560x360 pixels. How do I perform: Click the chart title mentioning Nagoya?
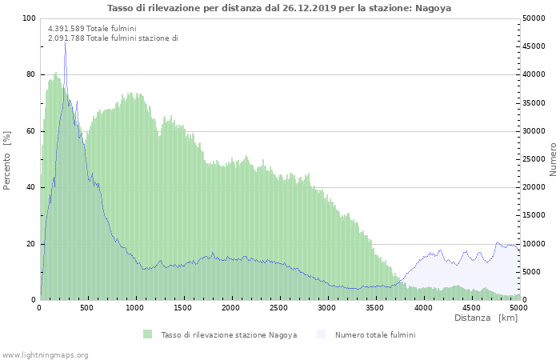click(x=279, y=8)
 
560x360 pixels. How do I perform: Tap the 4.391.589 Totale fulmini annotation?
click(x=92, y=29)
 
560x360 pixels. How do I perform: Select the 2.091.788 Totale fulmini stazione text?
click(x=113, y=38)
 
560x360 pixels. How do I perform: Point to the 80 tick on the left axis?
click(x=31, y=74)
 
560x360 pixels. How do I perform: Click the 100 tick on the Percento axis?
click(x=29, y=18)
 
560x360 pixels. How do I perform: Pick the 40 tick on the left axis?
click(x=31, y=187)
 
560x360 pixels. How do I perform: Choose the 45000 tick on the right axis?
click(x=536, y=46)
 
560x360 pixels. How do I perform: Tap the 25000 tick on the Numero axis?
click(x=536, y=159)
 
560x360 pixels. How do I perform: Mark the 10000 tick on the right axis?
click(x=536, y=244)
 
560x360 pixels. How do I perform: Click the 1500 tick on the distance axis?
click(x=183, y=307)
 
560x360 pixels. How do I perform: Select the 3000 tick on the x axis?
click(x=326, y=307)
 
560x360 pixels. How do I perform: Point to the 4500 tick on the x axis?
click(x=470, y=307)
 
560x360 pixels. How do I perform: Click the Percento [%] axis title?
click(x=7, y=160)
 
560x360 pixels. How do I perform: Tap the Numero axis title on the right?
click(x=552, y=159)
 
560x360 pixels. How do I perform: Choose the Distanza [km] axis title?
click(x=486, y=318)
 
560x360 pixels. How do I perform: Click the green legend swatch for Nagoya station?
click(x=147, y=334)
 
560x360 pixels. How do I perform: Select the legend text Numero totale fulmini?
click(x=375, y=334)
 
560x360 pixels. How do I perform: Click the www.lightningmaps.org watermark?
click(x=45, y=354)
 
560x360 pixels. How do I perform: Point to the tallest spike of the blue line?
click(x=65, y=44)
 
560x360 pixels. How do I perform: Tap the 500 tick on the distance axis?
click(x=88, y=307)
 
